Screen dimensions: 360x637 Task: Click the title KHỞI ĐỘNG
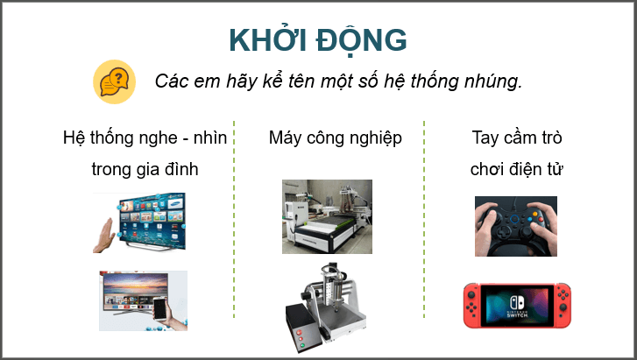point(317,40)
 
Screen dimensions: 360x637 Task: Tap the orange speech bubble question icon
point(114,82)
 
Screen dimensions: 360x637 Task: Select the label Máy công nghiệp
point(335,138)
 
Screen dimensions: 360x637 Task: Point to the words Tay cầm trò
point(516,138)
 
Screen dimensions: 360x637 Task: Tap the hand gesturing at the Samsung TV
point(104,232)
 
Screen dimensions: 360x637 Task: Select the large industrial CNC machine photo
point(326,216)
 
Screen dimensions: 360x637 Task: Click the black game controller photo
point(515,226)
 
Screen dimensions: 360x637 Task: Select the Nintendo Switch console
point(515,304)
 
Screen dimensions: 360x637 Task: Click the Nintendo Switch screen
point(515,304)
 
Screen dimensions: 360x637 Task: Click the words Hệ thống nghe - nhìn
point(145,138)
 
